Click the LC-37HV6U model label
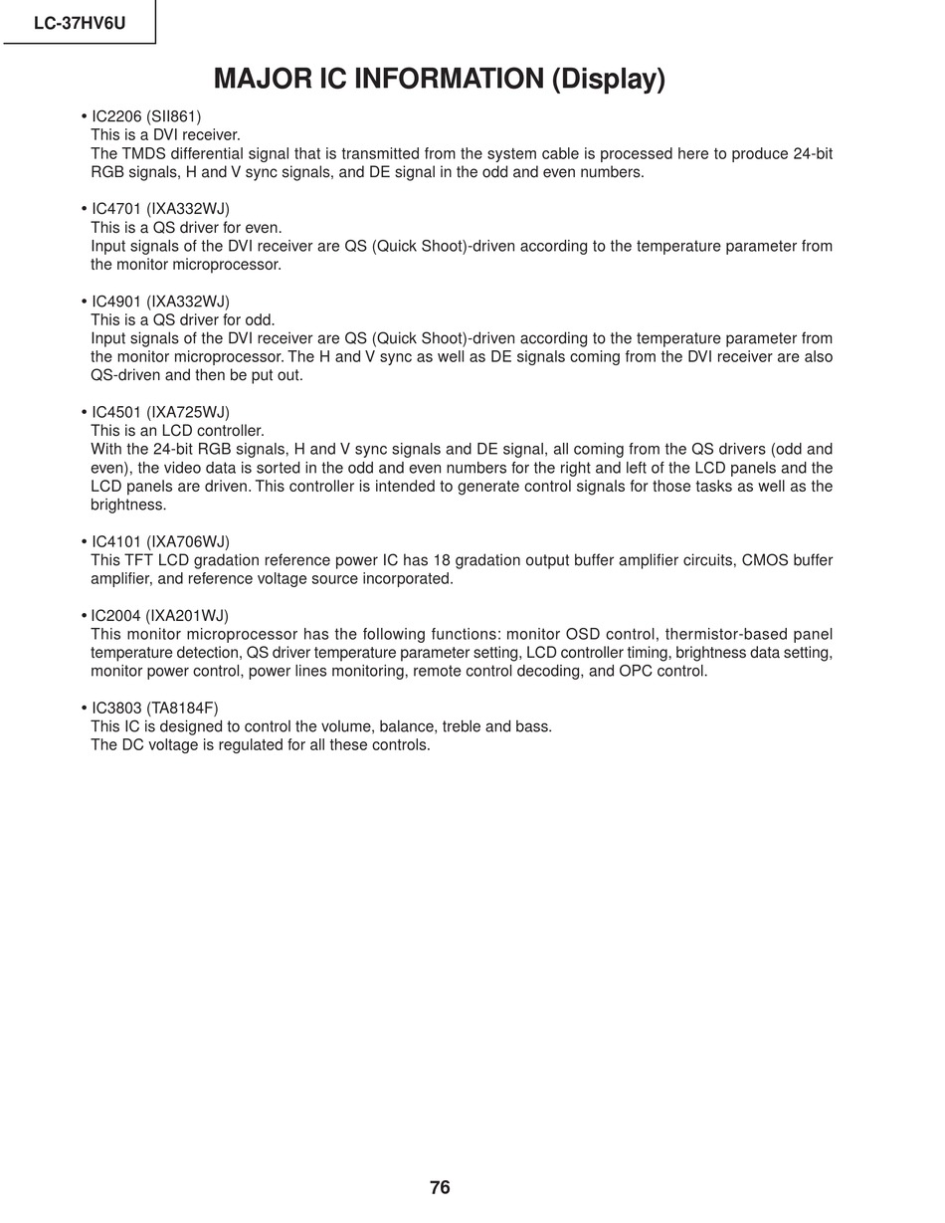tap(80, 23)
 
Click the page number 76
tap(440, 1187)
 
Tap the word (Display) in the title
tap(608, 80)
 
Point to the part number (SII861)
tap(174, 116)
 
